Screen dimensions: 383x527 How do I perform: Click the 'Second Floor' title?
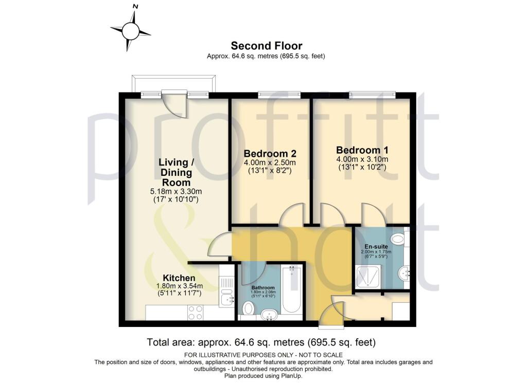coord(266,46)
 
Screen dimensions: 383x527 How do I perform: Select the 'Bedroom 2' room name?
coord(270,154)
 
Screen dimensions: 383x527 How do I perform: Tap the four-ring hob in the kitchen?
coord(195,313)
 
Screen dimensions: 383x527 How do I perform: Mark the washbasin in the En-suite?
coord(405,271)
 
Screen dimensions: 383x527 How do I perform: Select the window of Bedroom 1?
coord(372,95)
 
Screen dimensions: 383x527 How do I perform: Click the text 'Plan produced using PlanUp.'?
coord(263,376)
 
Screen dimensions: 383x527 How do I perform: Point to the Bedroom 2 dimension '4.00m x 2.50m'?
coord(270,163)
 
